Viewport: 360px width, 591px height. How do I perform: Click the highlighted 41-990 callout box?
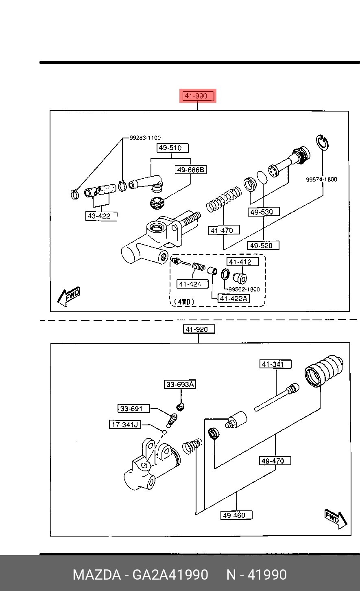198,96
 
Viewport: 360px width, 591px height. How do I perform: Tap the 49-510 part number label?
172,148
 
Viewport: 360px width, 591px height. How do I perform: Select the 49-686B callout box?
191,169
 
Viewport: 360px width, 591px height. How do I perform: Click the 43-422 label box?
101,216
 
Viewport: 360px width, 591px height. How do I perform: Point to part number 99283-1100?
145,138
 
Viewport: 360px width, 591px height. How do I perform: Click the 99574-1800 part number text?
321,179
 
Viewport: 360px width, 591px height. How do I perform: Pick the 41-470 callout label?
224,230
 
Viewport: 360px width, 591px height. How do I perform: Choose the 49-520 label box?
263,245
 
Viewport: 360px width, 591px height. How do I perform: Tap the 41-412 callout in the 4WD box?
242,262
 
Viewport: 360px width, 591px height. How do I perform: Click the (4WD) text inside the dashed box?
184,302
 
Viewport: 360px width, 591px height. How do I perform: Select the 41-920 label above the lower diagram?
199,329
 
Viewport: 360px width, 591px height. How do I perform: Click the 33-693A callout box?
180,384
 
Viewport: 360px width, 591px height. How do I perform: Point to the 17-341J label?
125,425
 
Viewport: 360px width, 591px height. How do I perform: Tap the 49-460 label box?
236,515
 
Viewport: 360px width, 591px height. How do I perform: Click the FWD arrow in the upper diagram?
69,296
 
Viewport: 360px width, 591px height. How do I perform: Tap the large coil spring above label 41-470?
224,199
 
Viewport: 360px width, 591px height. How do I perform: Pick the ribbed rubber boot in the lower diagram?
324,372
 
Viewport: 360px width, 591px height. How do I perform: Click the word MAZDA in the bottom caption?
97,574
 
